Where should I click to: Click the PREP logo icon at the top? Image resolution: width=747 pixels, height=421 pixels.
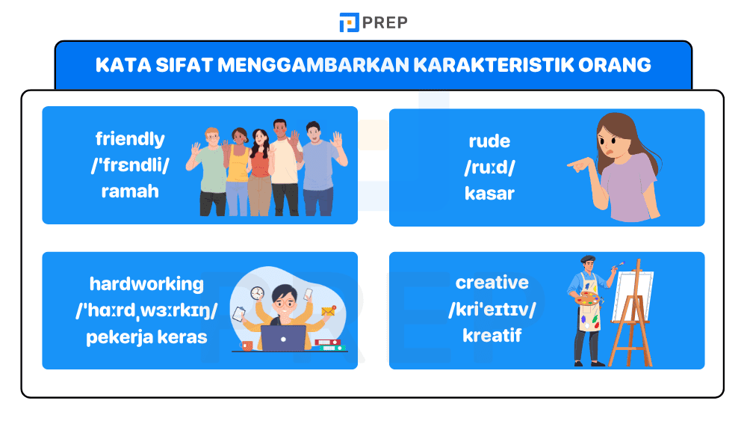coord(349,22)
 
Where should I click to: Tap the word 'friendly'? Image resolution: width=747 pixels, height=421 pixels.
coord(130,139)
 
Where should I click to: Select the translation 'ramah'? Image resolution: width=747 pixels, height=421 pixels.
coord(130,191)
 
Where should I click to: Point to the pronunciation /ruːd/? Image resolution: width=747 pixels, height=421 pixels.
coord(489,167)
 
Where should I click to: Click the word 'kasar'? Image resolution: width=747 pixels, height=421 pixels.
coord(489,193)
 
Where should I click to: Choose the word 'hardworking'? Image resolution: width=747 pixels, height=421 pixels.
coord(146,284)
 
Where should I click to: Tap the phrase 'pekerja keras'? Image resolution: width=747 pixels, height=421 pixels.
coord(146,336)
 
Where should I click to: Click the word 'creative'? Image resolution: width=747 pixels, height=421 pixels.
coord(492,283)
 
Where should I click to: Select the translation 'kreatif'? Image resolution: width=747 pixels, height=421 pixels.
coord(492,334)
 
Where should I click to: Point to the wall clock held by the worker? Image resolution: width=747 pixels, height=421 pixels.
coord(257,293)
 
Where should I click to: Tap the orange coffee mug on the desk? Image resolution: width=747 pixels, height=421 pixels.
coord(247,345)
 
